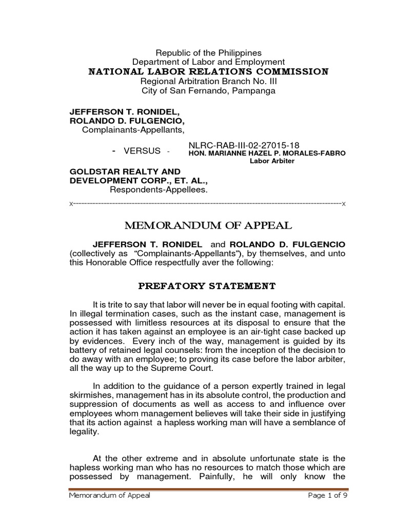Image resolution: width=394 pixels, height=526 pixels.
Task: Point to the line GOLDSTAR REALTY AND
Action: tap(125, 172)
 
